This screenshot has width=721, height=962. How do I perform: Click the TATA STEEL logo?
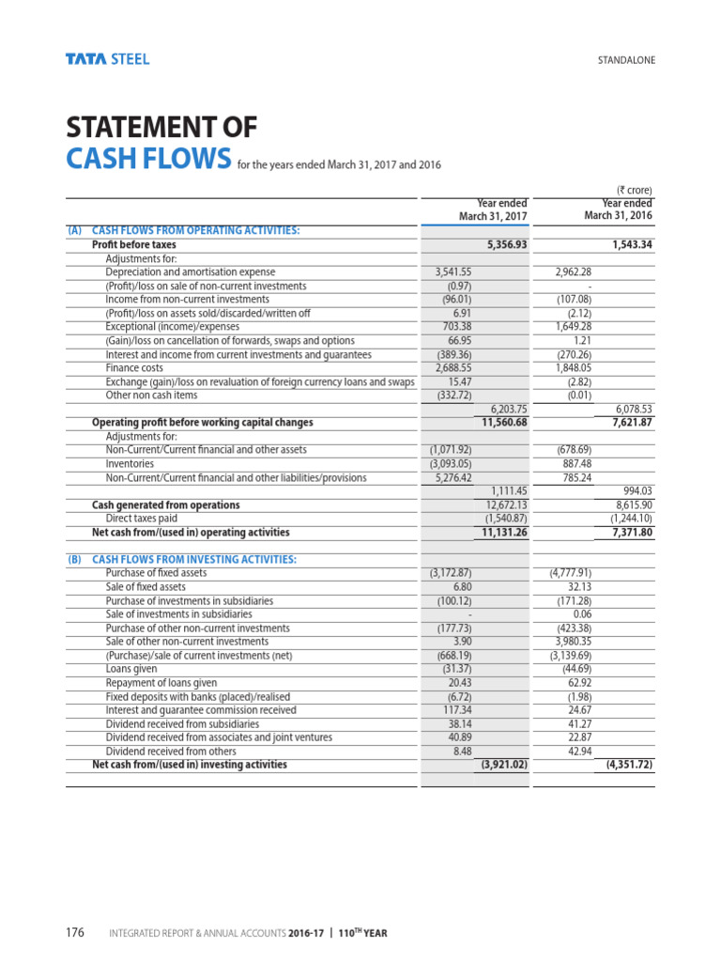coord(107,59)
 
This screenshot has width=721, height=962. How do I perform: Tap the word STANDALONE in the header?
coord(626,61)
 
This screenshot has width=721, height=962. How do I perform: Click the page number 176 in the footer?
coord(75,933)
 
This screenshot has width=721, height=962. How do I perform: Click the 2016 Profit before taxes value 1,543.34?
coord(625,244)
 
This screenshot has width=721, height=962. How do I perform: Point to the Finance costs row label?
coord(134,368)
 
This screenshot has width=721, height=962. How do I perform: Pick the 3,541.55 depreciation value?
coord(453,272)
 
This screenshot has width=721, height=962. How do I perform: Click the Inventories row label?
coord(130,464)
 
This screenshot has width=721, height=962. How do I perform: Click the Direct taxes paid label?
coord(141,519)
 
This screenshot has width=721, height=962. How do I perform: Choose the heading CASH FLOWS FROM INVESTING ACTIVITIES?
coord(194,560)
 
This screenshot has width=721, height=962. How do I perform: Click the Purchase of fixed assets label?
coord(157,573)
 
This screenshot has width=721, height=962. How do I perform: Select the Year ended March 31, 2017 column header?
coord(493,209)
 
